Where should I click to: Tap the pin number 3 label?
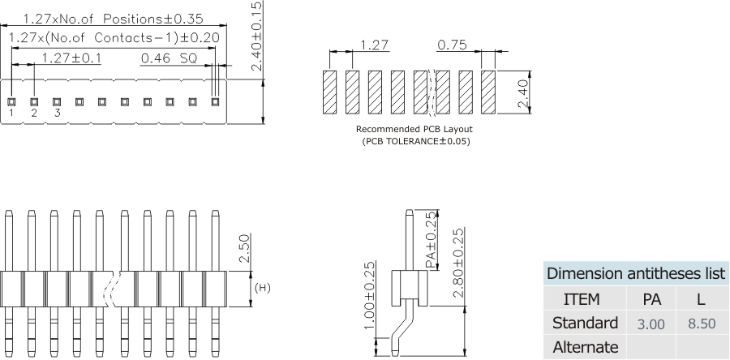pos(57,114)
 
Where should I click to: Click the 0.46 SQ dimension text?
pos(169,58)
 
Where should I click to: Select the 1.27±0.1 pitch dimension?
pos(71,58)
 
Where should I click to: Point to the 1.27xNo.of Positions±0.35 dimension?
pos(113,18)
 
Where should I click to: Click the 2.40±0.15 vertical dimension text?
pos(256,36)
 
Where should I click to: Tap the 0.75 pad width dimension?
pos(452,45)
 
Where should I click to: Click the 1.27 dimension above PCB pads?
pos(374,45)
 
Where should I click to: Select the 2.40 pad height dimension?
pos(524,92)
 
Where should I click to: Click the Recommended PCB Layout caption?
pos(414,129)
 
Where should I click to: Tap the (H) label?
pos(262,288)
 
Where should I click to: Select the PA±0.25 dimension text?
pos(430,241)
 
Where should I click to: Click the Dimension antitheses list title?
pos(636,273)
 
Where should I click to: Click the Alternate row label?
pos(585,347)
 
